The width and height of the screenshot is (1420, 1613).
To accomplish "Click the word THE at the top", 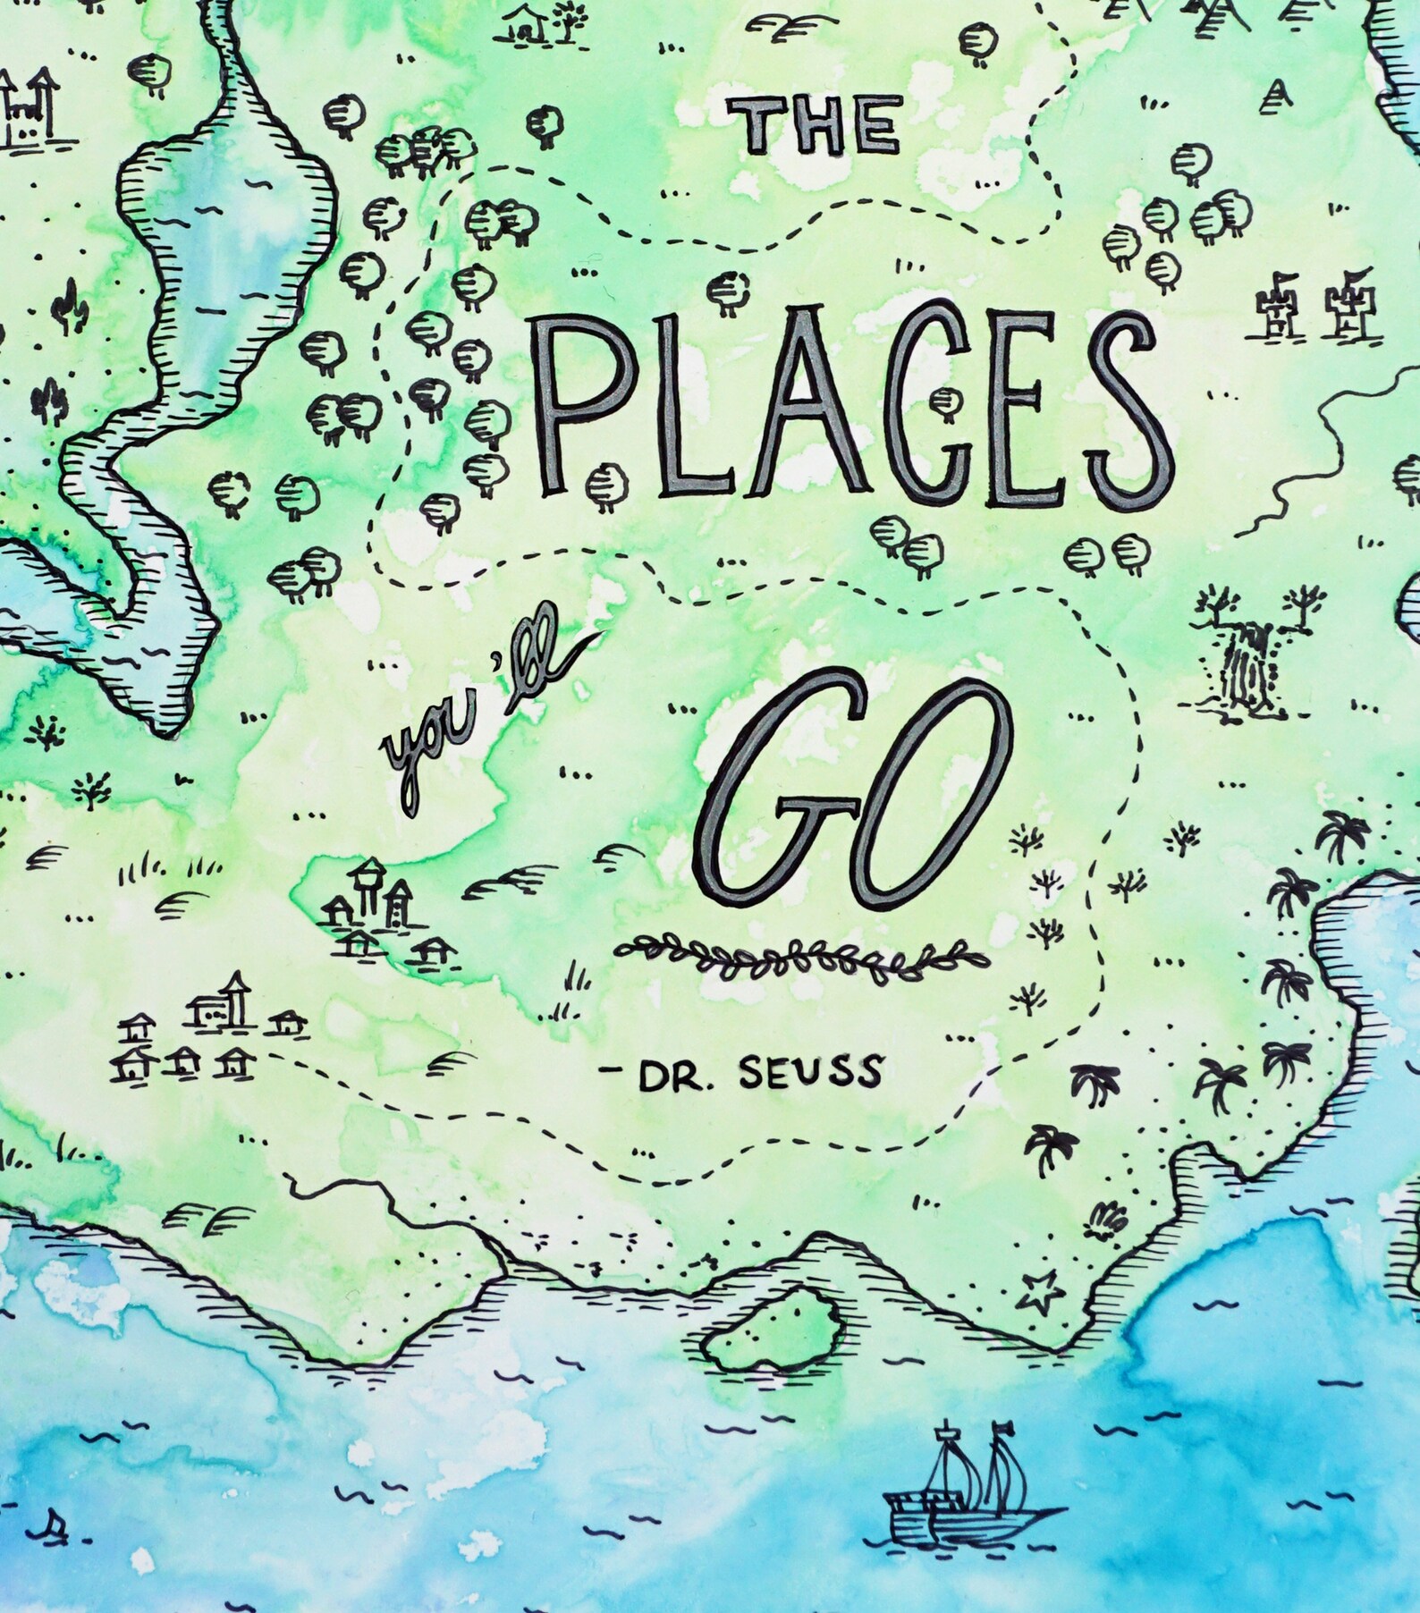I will (815, 125).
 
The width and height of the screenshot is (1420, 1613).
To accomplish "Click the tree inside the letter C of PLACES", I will (943, 403).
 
